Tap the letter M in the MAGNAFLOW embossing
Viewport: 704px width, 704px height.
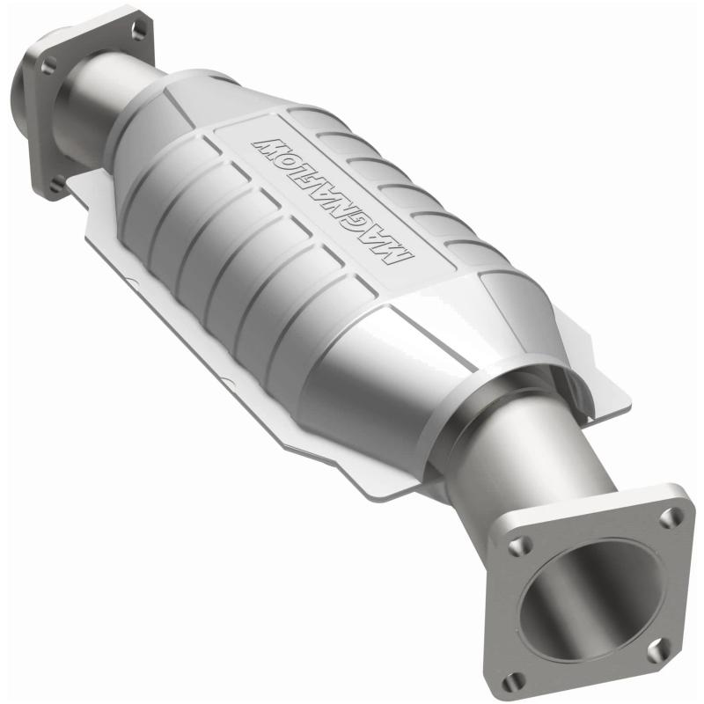point(399,255)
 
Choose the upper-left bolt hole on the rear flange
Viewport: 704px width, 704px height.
point(49,65)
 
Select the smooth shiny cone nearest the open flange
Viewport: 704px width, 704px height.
point(414,370)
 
